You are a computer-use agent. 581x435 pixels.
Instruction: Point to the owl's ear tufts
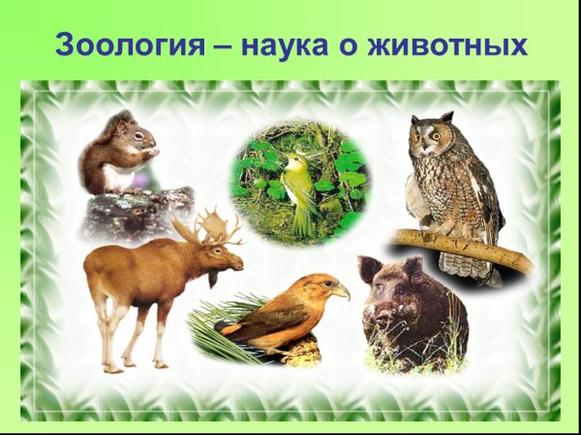(x=445, y=118)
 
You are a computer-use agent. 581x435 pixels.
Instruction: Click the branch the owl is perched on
(x=465, y=247)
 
